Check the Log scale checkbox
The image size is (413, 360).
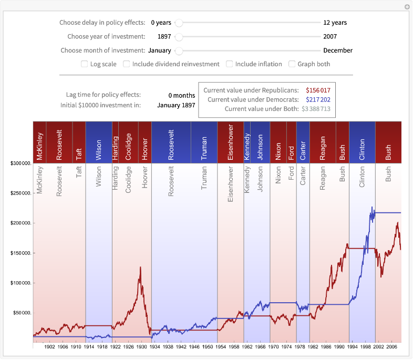point(85,64)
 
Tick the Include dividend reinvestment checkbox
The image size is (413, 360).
point(127,64)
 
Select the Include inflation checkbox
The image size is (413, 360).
point(230,64)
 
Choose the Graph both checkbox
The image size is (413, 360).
point(292,64)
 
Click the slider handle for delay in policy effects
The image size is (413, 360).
point(179,23)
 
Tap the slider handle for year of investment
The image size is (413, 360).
point(179,37)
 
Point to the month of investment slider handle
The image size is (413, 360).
point(179,50)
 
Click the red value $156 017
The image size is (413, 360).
point(318,90)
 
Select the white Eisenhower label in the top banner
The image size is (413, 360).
point(230,142)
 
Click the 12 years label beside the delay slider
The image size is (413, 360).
point(335,23)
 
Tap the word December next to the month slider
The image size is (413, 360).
point(338,50)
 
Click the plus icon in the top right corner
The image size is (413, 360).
point(407,7)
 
